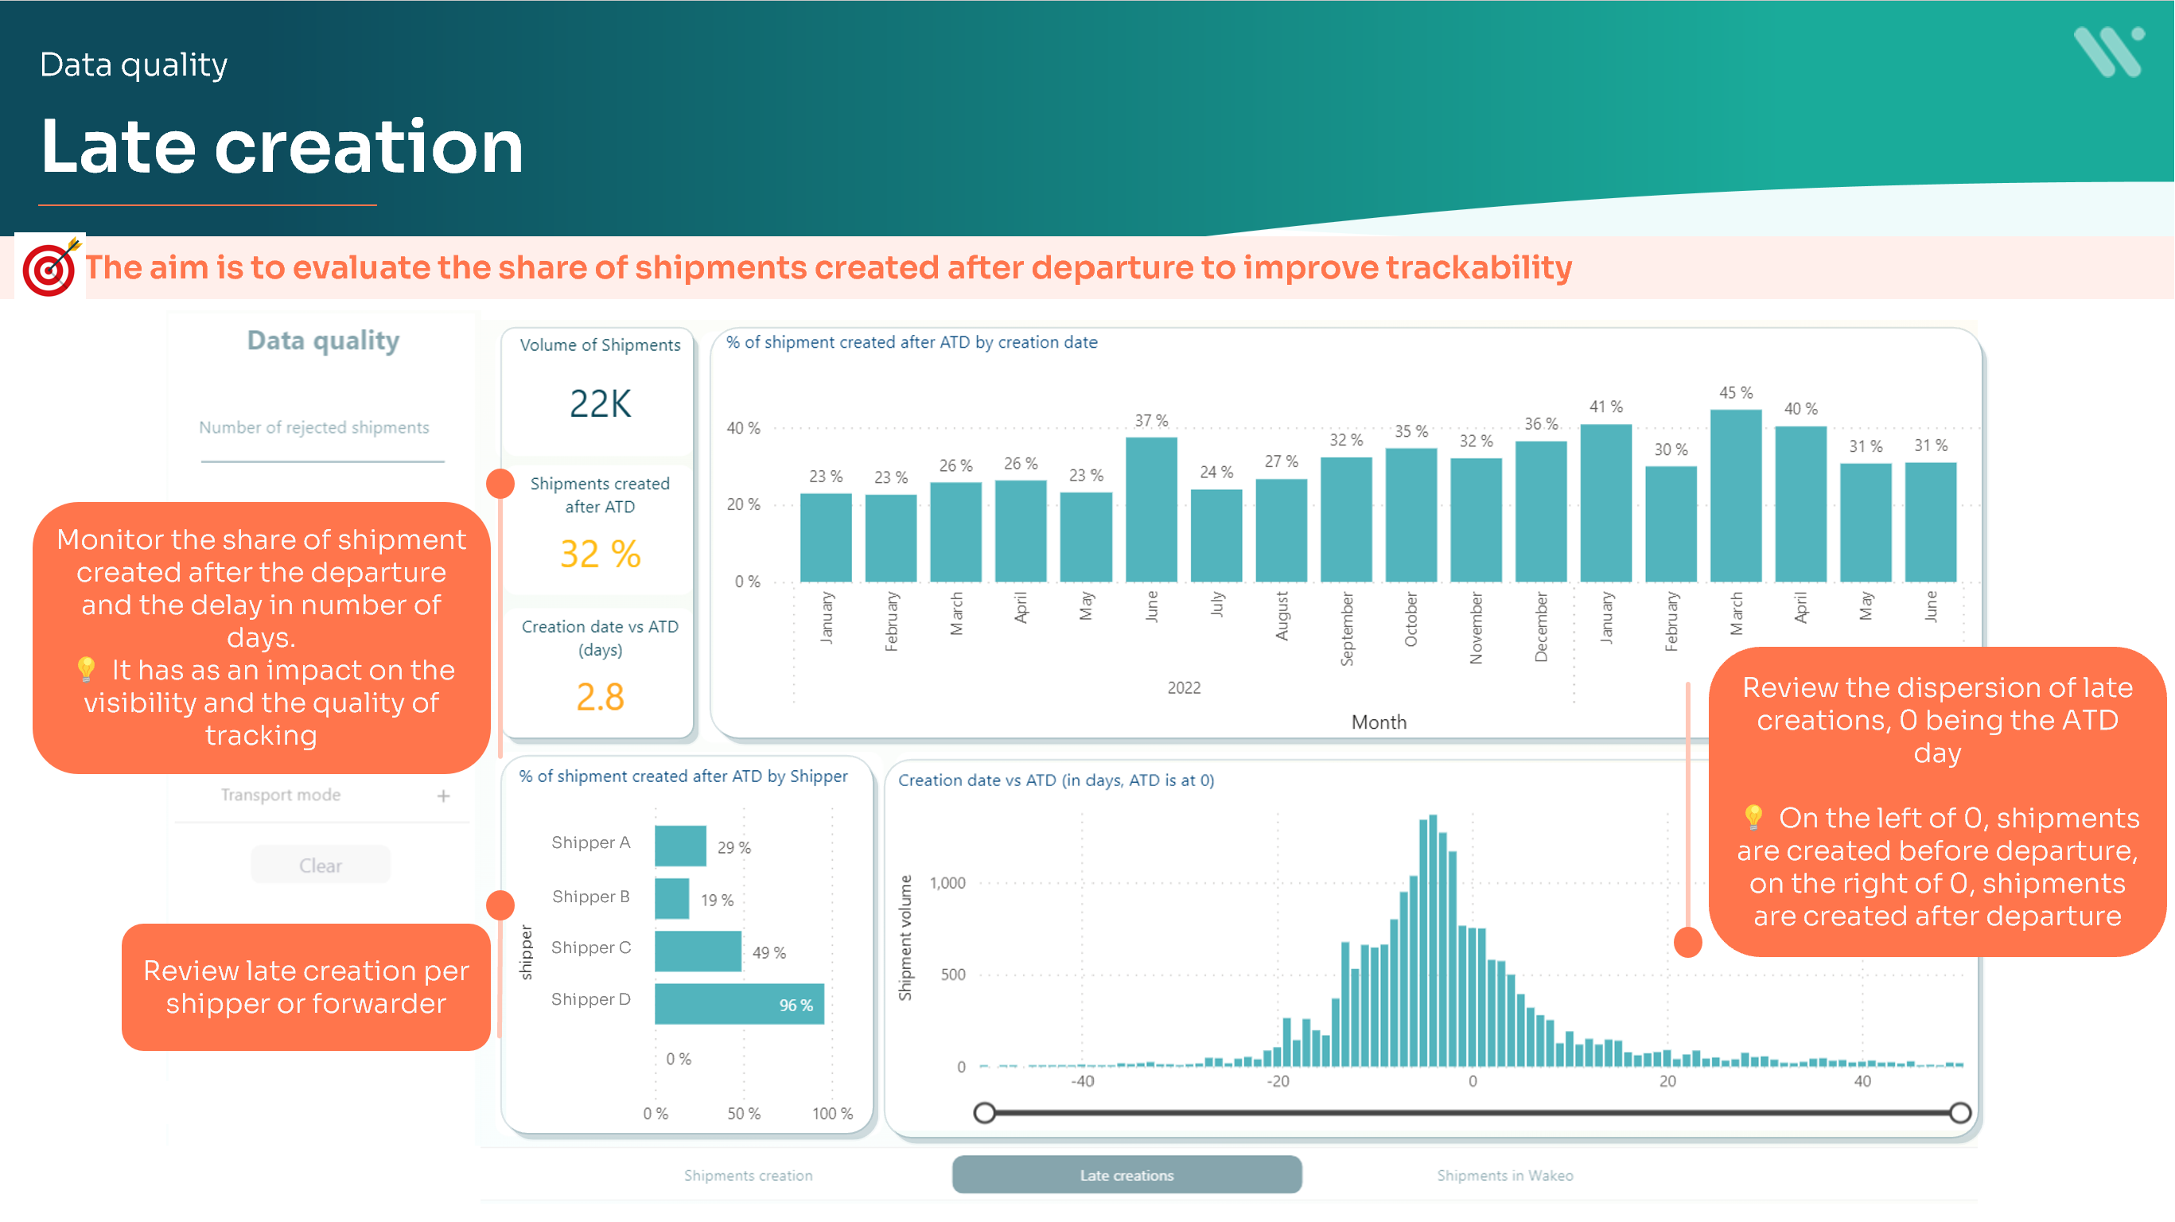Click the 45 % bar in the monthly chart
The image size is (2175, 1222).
point(1735,496)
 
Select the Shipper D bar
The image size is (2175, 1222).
point(739,1004)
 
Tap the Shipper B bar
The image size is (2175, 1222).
point(672,898)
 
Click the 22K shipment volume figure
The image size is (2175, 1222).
point(601,403)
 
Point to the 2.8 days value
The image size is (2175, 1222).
point(601,698)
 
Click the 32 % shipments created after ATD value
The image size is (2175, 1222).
point(601,554)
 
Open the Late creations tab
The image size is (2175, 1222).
point(1126,1175)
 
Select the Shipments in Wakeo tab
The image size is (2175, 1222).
point(1504,1175)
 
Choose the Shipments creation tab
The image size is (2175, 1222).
point(748,1175)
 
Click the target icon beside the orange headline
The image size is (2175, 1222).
point(50,267)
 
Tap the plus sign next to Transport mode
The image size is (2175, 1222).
point(443,796)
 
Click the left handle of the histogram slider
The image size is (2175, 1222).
point(985,1113)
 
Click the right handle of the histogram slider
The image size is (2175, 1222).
point(1960,1113)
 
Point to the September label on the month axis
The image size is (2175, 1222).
point(1347,629)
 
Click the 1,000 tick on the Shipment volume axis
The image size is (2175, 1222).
point(947,883)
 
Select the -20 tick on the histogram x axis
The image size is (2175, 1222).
point(1278,1082)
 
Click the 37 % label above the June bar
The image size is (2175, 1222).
point(1151,421)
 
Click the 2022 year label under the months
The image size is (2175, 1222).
point(1184,688)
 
